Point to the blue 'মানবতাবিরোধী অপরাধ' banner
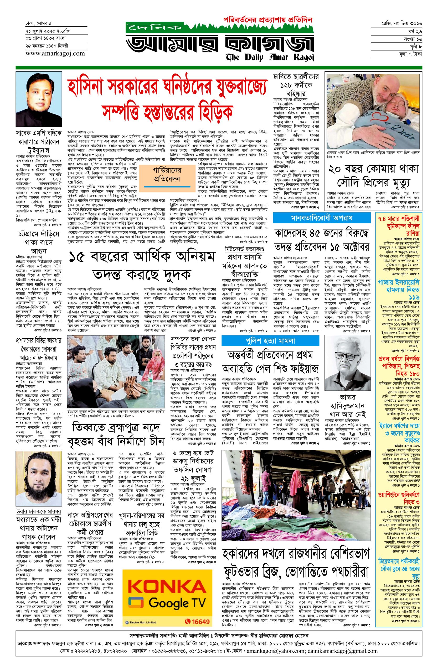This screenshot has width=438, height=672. (x=322, y=218)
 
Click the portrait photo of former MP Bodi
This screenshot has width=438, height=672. (x=39, y=99)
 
